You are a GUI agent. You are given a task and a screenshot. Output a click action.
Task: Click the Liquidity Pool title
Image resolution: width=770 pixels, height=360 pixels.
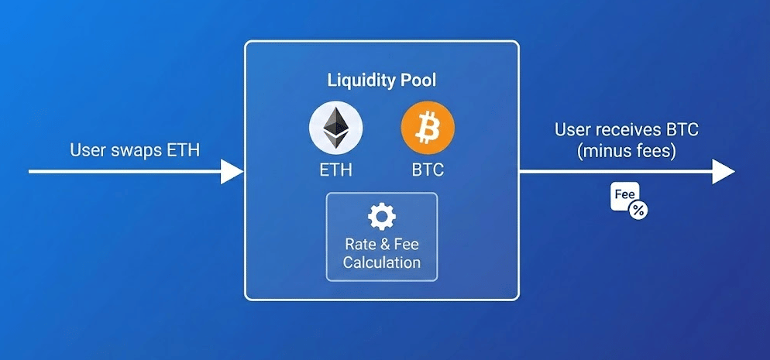tap(382, 81)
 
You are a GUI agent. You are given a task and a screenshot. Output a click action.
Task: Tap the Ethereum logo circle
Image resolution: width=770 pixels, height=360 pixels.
tap(336, 128)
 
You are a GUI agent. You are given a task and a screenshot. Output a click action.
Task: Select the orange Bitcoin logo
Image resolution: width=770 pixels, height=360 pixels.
tap(428, 128)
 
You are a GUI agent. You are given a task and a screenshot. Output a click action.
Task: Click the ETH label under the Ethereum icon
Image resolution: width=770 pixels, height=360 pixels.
tap(336, 170)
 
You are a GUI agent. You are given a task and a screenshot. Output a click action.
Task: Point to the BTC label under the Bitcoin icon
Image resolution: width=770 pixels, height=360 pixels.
tap(428, 170)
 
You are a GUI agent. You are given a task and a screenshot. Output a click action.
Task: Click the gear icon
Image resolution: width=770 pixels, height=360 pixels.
tap(382, 216)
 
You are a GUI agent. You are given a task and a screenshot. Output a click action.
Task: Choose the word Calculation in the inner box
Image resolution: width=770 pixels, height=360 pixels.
tap(382, 262)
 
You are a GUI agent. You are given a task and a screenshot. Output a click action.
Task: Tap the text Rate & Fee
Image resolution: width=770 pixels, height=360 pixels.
tap(382, 244)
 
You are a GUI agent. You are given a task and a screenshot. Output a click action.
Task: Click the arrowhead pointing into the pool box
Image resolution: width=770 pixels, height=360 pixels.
tap(232, 172)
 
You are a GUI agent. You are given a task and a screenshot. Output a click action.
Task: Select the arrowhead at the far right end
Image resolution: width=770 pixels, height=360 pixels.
tap(724, 172)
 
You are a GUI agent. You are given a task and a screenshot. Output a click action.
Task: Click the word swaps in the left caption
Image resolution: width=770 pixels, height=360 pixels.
tap(131, 150)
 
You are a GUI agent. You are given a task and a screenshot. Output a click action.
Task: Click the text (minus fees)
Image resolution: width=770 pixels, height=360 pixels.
tap(626, 151)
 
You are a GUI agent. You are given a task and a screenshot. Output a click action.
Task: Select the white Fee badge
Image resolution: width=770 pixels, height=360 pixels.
tap(624, 196)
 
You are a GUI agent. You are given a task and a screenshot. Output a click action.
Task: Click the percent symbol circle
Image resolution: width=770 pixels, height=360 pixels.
tap(638, 211)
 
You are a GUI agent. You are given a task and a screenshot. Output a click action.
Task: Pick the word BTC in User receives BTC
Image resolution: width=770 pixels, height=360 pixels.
tap(681, 130)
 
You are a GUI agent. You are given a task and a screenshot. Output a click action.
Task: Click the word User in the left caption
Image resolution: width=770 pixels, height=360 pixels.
tap(86, 149)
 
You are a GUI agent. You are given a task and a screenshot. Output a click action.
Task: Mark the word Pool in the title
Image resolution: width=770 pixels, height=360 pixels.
tap(417, 80)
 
